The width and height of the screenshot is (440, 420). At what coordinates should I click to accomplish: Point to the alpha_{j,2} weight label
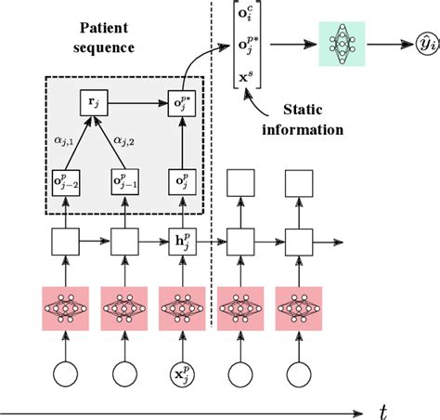pos(128,140)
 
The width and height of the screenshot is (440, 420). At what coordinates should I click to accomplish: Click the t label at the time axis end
pos(383,409)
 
